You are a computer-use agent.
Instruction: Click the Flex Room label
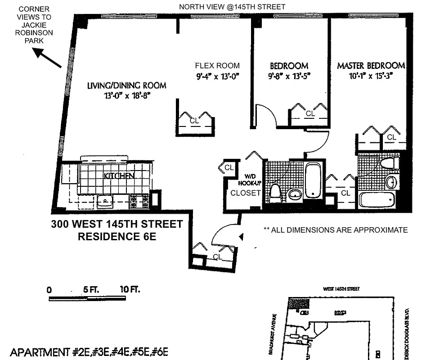pos(217,65)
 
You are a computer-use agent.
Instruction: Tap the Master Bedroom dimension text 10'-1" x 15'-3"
pos(365,76)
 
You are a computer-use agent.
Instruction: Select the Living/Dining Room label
pos(127,85)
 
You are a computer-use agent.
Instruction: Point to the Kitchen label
pos(119,175)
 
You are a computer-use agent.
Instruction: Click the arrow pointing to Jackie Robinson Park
pos(48,58)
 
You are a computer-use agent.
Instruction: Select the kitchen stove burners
pos(139,201)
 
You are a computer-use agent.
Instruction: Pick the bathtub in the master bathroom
pos(377,200)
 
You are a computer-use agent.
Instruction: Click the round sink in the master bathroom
pos(391,182)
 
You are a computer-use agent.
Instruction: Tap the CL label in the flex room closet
pos(194,121)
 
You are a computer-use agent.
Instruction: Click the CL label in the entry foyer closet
pos(218,257)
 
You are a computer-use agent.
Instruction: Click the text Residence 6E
pos(117,236)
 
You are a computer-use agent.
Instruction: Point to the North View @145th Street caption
pos(232,7)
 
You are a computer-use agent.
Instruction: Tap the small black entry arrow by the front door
pos(242,236)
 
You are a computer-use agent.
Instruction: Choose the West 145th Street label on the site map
pos(341,289)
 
